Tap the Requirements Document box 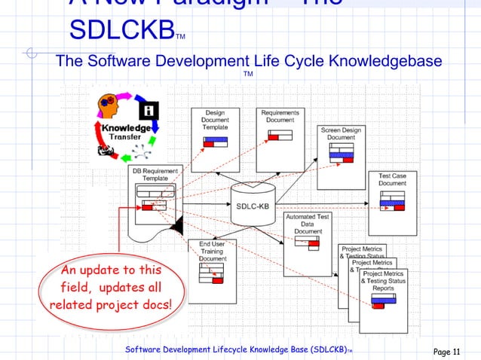pyautogui.click(x=280, y=128)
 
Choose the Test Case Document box pyautogui.click(x=392, y=195)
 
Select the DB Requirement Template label pyautogui.click(x=156, y=175)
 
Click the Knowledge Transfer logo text pyautogui.click(x=125, y=133)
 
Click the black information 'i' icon pyautogui.click(x=150, y=110)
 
